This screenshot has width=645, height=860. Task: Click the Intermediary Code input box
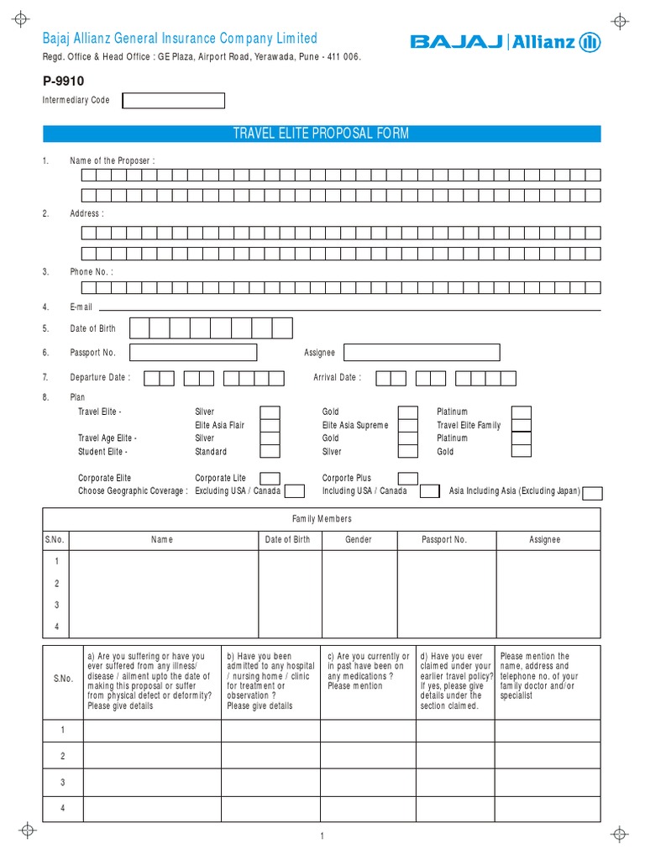(x=174, y=101)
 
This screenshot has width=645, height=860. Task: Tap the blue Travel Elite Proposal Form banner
(x=322, y=134)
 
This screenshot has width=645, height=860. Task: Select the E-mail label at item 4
(x=81, y=307)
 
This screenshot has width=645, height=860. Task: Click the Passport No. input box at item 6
(x=193, y=353)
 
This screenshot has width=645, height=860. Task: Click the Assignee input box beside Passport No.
(x=422, y=353)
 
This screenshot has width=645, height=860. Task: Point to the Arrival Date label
(x=337, y=378)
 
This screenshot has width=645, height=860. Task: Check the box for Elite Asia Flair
(x=270, y=425)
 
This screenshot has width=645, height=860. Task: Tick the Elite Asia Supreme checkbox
(x=407, y=425)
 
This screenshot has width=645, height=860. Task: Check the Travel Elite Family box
(x=522, y=425)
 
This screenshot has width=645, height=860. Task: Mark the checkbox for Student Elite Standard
(x=270, y=451)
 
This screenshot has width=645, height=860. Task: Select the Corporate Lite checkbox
(x=270, y=478)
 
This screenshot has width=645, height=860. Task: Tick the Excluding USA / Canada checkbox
(x=294, y=491)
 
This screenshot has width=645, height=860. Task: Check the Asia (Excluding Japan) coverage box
(x=592, y=492)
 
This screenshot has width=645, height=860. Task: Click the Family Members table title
(x=322, y=519)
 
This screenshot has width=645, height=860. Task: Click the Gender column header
(x=359, y=540)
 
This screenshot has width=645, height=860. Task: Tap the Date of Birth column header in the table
(x=287, y=540)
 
